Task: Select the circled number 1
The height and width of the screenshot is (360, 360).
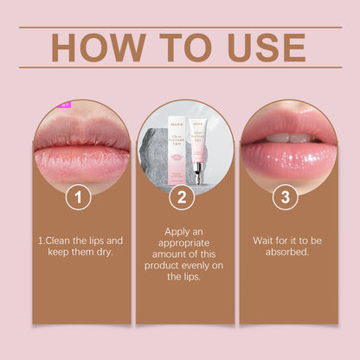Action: [79, 197]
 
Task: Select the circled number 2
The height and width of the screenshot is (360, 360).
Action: [180, 197]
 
